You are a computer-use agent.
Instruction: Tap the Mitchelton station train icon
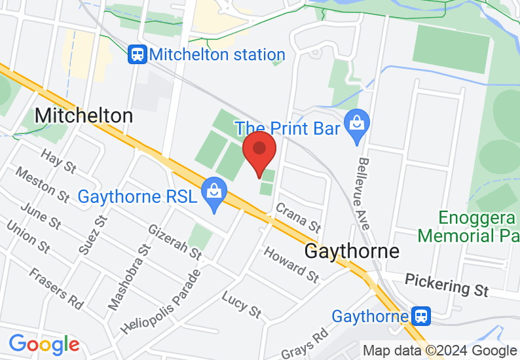[x=138, y=54]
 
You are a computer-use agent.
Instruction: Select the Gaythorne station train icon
[x=420, y=317]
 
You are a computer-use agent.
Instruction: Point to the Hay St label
[x=59, y=161]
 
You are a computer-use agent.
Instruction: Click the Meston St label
[x=43, y=185]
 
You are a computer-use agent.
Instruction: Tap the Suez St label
[x=92, y=234]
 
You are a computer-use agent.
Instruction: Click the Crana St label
[x=298, y=217]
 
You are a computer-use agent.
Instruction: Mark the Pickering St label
[x=447, y=285]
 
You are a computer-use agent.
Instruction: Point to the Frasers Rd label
[x=56, y=287]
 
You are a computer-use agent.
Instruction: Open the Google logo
[x=44, y=344]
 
